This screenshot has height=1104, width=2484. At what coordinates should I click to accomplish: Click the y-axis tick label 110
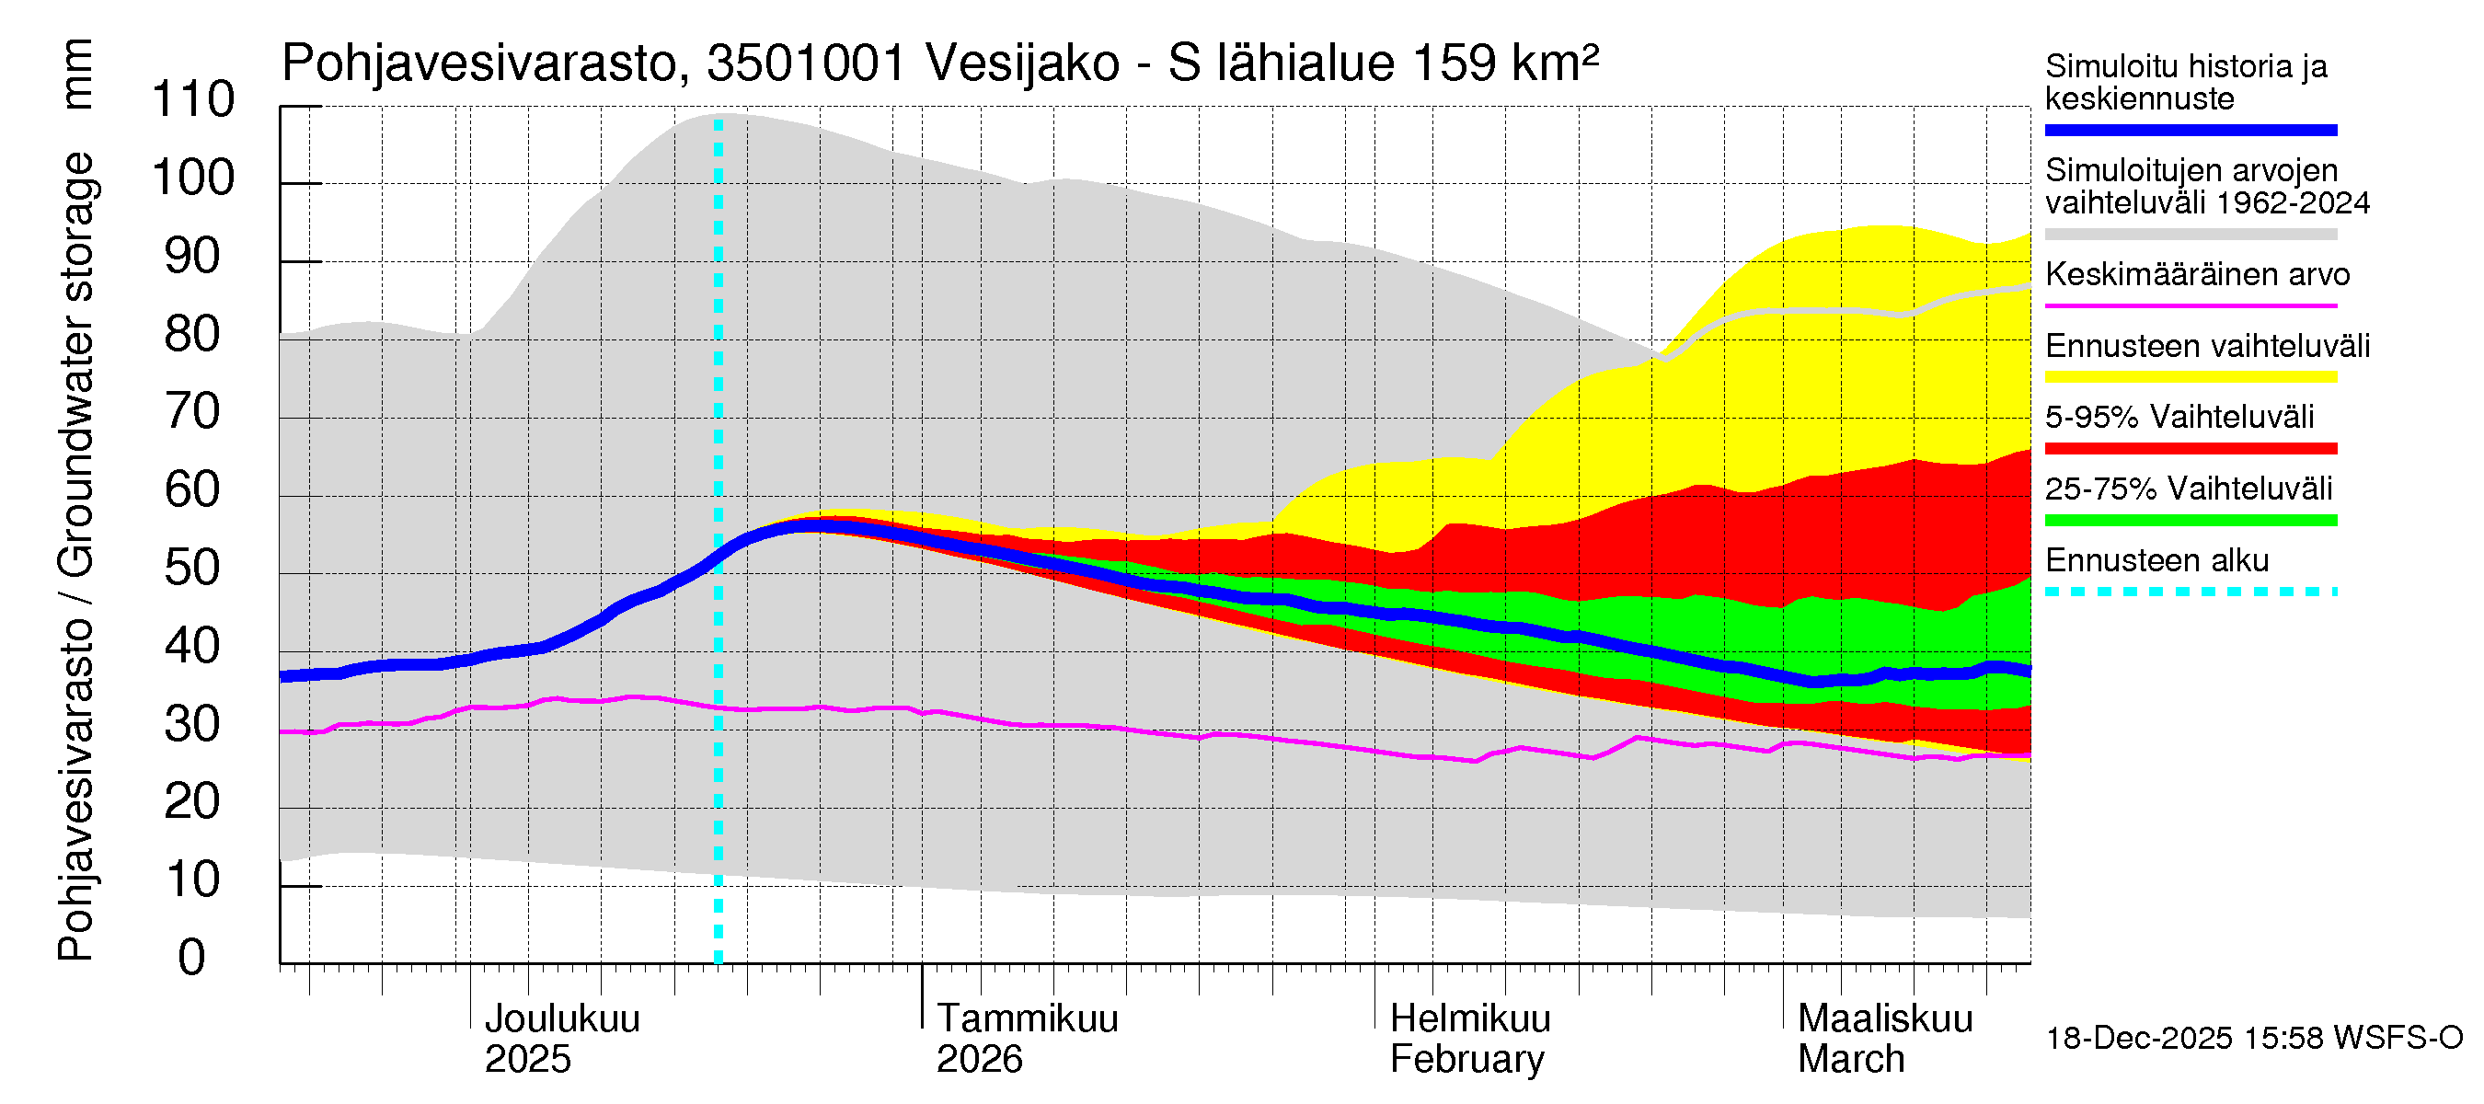[x=193, y=100]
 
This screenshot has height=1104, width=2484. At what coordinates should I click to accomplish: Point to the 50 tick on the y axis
[x=193, y=569]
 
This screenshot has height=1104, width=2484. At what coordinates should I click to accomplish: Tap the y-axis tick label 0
[x=192, y=959]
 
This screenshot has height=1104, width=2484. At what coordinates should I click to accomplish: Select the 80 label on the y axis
[x=193, y=335]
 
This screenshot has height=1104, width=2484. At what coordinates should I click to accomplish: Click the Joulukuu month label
[x=561, y=1019]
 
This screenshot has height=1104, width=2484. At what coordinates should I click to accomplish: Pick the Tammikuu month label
[x=1027, y=1019]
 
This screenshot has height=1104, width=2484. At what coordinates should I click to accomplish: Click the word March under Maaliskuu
[x=1850, y=1060]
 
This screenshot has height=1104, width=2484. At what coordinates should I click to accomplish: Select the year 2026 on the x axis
[x=979, y=1060]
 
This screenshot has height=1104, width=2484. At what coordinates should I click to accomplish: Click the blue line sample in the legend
[x=2190, y=130]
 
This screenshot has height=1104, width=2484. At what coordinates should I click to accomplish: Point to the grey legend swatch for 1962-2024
[x=2190, y=235]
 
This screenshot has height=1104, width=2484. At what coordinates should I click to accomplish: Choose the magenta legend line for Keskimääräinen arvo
[x=2190, y=305]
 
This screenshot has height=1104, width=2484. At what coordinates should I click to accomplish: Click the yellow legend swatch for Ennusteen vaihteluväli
[x=2190, y=377]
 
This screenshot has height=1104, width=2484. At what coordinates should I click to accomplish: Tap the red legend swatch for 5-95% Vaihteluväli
[x=2190, y=448]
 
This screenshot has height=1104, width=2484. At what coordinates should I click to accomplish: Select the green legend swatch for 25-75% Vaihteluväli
[x=2190, y=521]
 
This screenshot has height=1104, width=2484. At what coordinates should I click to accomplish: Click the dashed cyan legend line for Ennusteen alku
[x=2190, y=592]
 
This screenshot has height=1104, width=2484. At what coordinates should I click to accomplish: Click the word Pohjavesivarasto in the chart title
[x=482, y=63]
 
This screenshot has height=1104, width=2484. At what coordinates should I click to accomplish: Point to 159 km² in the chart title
[x=1504, y=63]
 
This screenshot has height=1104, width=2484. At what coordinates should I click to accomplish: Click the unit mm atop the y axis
[x=77, y=75]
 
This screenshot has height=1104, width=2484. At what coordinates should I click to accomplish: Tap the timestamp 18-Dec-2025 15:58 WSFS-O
[x=2253, y=1039]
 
